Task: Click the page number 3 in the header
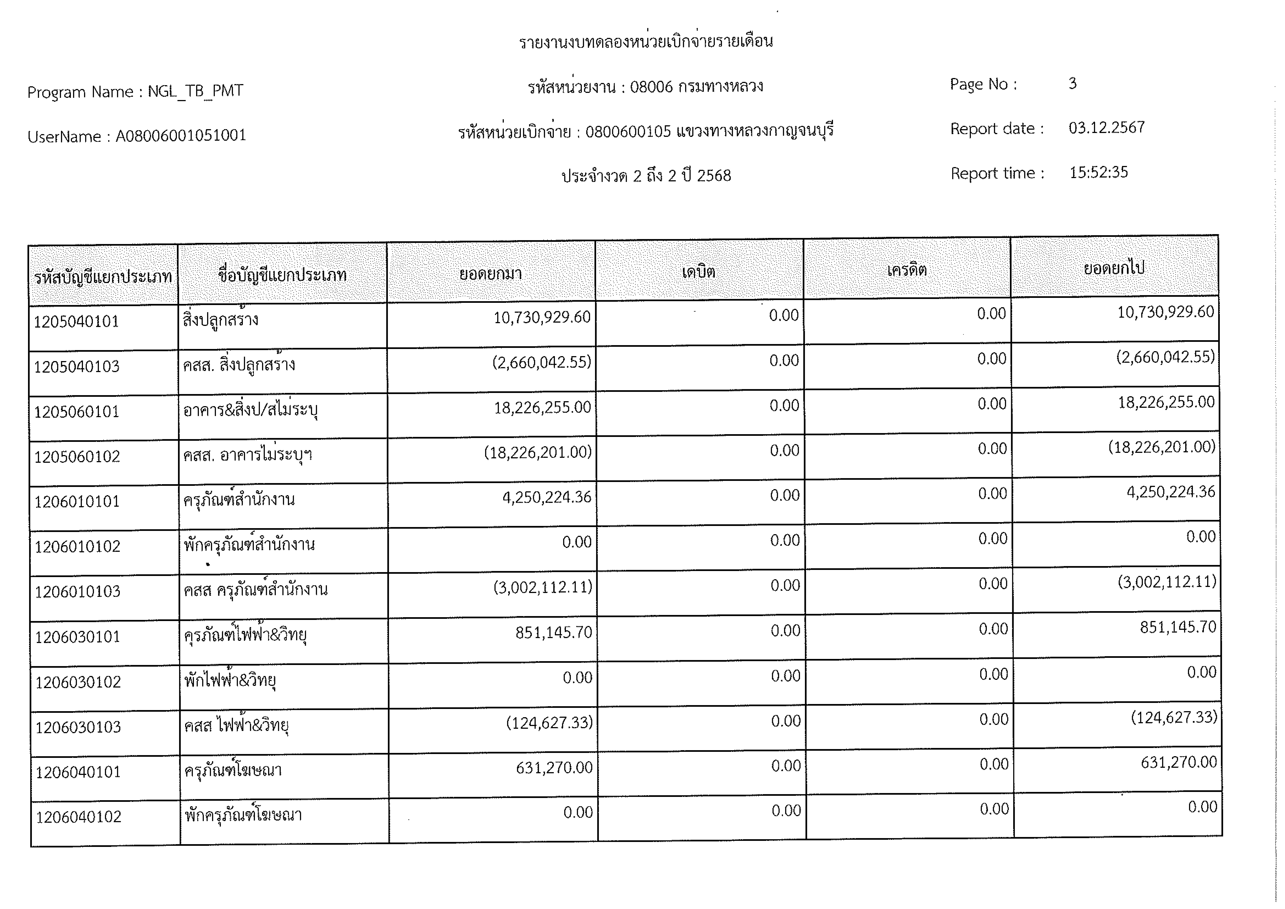(1072, 84)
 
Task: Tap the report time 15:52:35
(1098, 172)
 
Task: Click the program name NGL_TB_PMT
(195, 91)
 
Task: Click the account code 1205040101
(77, 322)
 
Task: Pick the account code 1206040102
(79, 817)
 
